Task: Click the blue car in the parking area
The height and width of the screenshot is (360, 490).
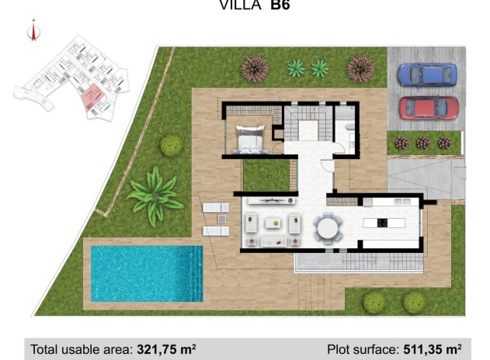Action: click(427, 75)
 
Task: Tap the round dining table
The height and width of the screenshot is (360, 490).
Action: click(328, 228)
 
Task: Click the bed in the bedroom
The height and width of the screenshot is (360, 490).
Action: click(250, 138)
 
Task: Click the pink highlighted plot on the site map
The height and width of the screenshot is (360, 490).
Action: click(92, 99)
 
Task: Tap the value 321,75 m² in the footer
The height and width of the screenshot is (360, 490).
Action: click(166, 349)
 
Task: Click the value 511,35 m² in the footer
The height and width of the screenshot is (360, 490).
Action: click(430, 349)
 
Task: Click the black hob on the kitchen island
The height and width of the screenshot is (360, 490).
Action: click(382, 223)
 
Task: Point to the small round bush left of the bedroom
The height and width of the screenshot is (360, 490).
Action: click(171, 145)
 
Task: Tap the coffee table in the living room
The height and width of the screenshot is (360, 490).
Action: click(273, 223)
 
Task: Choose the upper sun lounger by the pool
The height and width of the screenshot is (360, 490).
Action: click(214, 208)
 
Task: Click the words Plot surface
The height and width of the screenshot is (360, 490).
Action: click(360, 349)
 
